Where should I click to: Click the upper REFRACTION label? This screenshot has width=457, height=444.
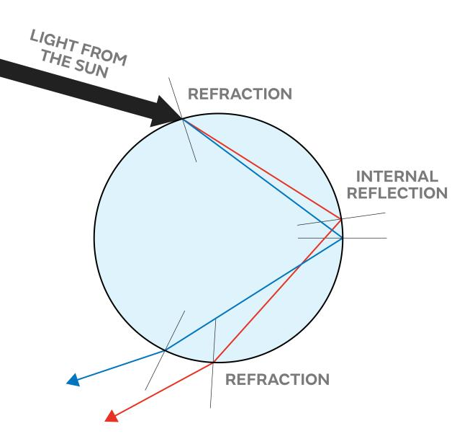[x=240, y=94]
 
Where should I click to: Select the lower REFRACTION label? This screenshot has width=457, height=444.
[x=277, y=379]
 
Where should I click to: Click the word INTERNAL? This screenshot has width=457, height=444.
[x=397, y=176]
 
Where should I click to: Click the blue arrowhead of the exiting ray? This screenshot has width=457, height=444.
[x=73, y=379]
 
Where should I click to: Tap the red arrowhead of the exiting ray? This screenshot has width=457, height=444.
[x=111, y=415]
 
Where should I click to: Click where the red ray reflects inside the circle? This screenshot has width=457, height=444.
[x=340, y=218]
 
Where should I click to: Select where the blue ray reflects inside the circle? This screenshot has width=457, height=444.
[x=343, y=238]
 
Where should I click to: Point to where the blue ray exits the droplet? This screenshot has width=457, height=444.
[x=166, y=350]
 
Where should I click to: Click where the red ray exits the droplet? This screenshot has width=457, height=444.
[x=213, y=362]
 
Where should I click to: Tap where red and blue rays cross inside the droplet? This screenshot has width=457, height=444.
[x=301, y=262]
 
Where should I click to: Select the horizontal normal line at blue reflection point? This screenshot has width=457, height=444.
[x=367, y=238]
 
